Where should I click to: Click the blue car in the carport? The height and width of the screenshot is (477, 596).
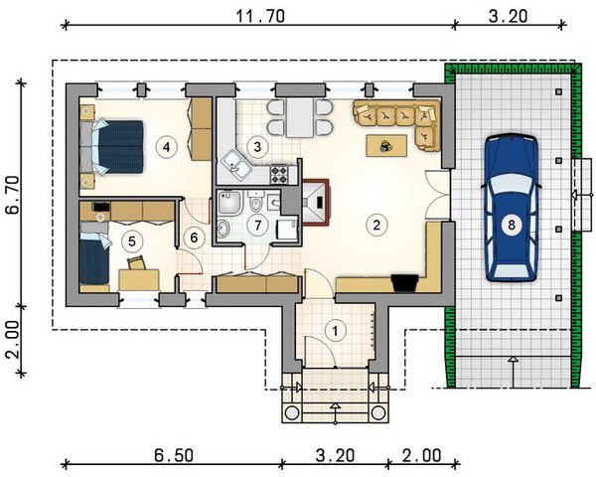pyautogui.click(x=512, y=208)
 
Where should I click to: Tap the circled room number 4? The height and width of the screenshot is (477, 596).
pyautogui.click(x=167, y=147)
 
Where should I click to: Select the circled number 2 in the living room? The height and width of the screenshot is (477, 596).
pyautogui.click(x=376, y=225)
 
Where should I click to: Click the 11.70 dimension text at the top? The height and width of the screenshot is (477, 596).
pyautogui.click(x=260, y=16)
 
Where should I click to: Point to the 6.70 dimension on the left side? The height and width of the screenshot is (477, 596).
pyautogui.click(x=14, y=195)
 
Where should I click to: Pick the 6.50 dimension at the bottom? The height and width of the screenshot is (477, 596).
pyautogui.click(x=173, y=455)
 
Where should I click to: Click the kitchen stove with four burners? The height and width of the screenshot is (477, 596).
pyautogui.click(x=278, y=175)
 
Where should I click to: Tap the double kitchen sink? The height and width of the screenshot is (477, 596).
pyautogui.click(x=235, y=166)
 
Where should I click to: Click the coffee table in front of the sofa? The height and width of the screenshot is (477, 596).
pyautogui.click(x=387, y=145)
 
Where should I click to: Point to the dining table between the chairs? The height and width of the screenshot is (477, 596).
pyautogui.click(x=300, y=117)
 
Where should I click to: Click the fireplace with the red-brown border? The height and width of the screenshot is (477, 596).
pyautogui.click(x=316, y=203)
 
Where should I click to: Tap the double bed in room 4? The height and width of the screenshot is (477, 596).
pyautogui.click(x=112, y=147)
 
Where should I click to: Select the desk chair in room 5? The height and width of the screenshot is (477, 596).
pyautogui.click(x=136, y=262)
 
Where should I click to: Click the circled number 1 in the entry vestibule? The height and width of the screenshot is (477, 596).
pyautogui.click(x=335, y=331)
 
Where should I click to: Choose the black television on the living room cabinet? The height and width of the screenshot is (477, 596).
pyautogui.click(x=405, y=283)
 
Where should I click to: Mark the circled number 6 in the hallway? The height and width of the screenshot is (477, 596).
pyautogui.click(x=194, y=238)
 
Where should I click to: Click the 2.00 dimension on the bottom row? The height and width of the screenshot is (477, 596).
pyautogui.click(x=422, y=455)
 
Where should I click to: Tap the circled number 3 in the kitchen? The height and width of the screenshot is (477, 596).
pyautogui.click(x=257, y=147)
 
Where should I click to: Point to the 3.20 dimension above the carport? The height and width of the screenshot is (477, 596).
pyautogui.click(x=508, y=16)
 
